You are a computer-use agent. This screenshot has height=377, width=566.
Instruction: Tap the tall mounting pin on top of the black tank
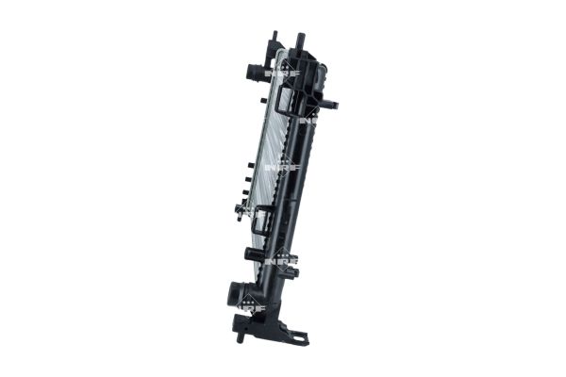(x=301, y=41)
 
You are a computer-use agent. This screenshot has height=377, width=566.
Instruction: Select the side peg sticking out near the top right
(x=332, y=104)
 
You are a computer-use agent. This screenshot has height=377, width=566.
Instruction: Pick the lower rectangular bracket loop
(x=265, y=222)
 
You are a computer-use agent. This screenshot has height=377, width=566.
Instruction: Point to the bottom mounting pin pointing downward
(x=243, y=332)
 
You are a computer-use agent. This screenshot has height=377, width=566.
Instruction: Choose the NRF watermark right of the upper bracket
(x=309, y=120)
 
